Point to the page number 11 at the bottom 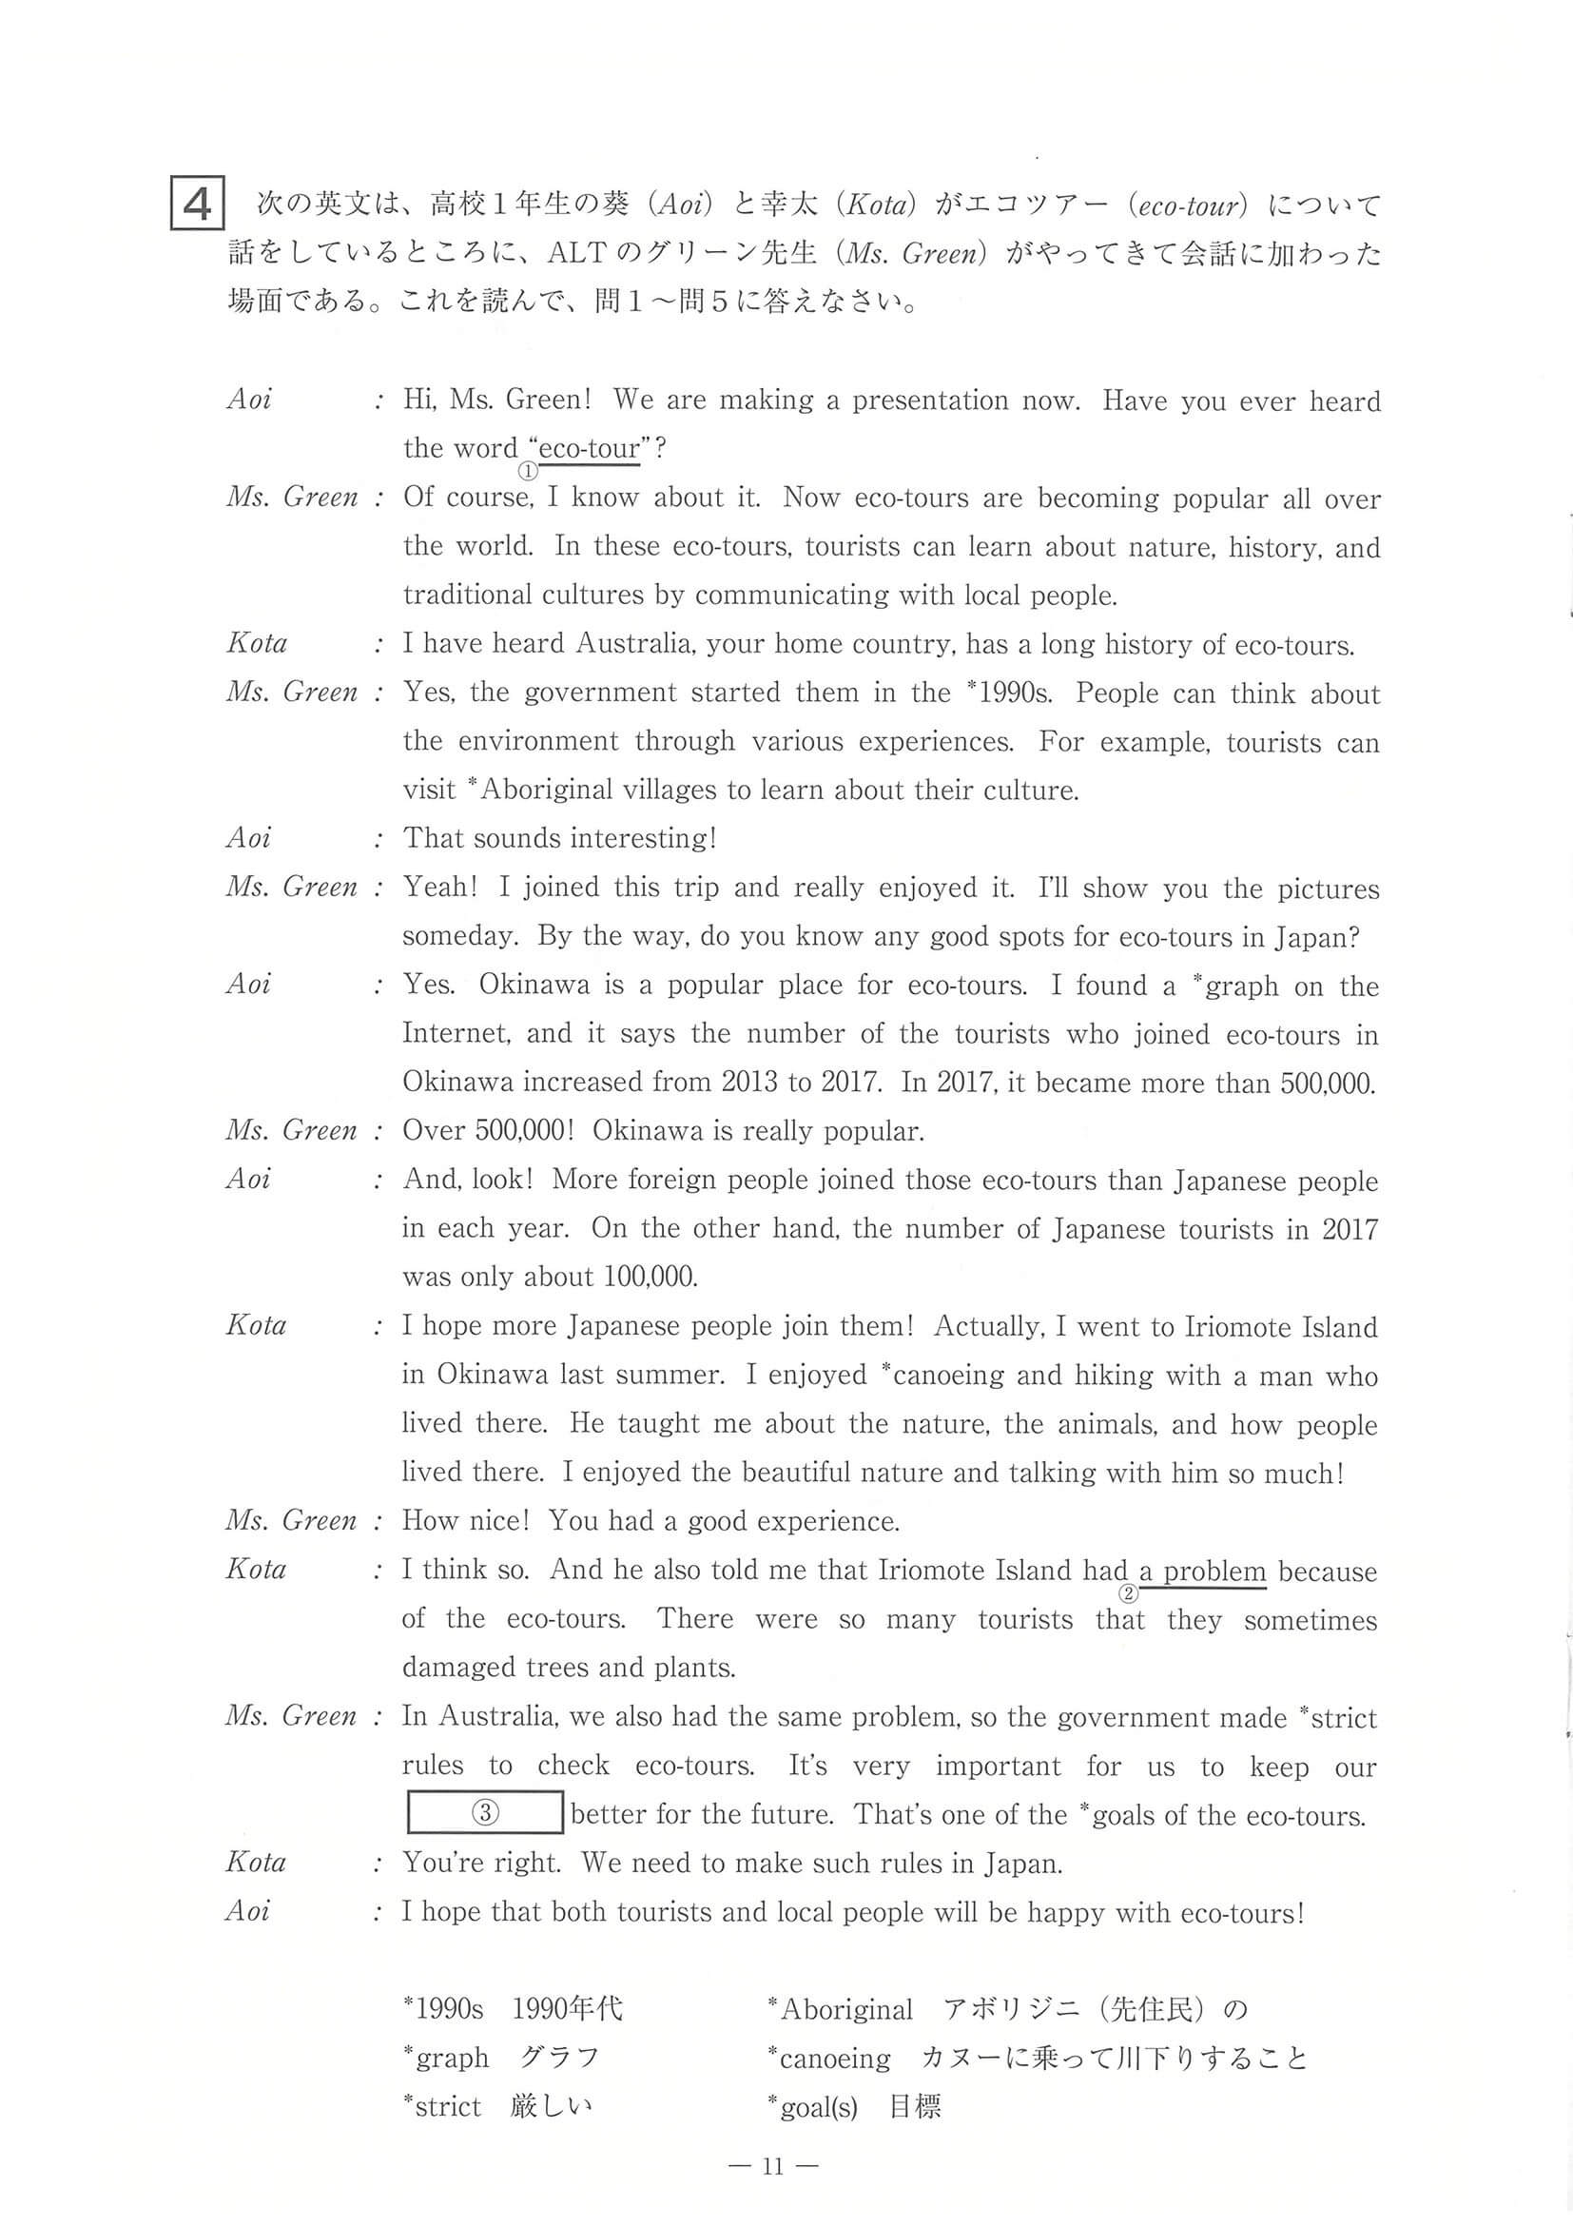pos(771,2166)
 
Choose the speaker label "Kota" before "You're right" pos(256,1863)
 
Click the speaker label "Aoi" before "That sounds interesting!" pos(248,838)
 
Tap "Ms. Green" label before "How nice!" pos(291,1520)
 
